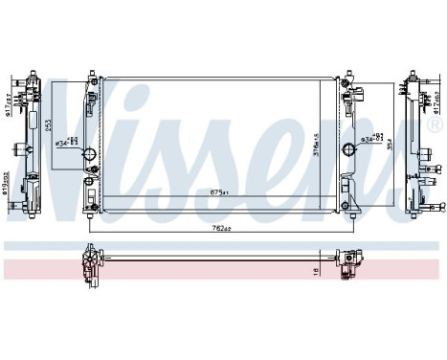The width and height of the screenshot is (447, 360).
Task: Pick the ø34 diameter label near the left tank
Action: pos(68,143)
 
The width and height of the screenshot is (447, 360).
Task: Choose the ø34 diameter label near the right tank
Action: pos(372,142)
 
